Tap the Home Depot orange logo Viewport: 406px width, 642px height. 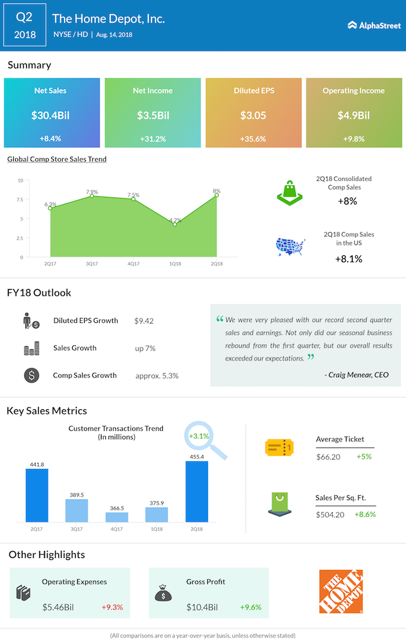pos(340,591)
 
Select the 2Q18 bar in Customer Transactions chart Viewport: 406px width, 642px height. pos(197,492)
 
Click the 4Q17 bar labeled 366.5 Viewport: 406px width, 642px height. pos(117,517)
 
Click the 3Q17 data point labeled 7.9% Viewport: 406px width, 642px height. pos(91,196)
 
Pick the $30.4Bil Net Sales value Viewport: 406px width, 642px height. pos(50,115)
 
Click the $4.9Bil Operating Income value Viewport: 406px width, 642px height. pos(353,115)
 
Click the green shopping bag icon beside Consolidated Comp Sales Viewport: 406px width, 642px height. pos(290,192)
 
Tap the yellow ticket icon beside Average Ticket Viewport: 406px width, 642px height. pos(279,447)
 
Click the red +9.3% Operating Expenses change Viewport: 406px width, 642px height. pos(112,607)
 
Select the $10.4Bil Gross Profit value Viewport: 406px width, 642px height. pos(202,607)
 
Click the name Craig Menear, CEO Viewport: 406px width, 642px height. pos(357,375)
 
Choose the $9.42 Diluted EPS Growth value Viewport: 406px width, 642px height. pos(144,320)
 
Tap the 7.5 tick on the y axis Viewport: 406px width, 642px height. pos(19,200)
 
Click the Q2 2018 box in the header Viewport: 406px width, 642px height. pos(25,25)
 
